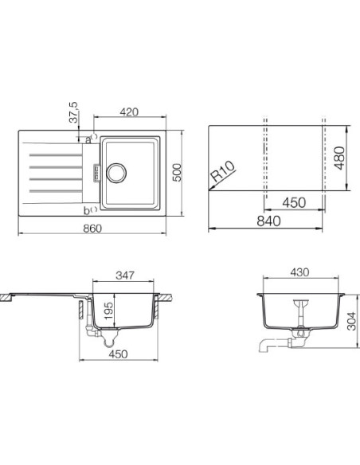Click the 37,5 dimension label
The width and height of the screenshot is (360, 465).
pyautogui.click(x=73, y=112)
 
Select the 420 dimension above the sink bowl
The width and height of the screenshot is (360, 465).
pyautogui.click(x=129, y=112)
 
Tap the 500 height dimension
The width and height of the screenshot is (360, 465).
pyautogui.click(x=177, y=173)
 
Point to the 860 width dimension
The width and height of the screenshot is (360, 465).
pyautogui.click(x=92, y=229)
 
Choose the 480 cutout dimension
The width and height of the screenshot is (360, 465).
pyautogui.click(x=340, y=158)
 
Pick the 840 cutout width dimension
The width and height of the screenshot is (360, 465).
pyautogui.click(x=268, y=221)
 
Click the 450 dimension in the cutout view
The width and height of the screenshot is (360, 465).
pyautogui.click(x=294, y=202)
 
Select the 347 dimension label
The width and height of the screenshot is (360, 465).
pyautogui.click(x=125, y=275)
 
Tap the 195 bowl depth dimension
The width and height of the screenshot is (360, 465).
pyautogui.click(x=109, y=311)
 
